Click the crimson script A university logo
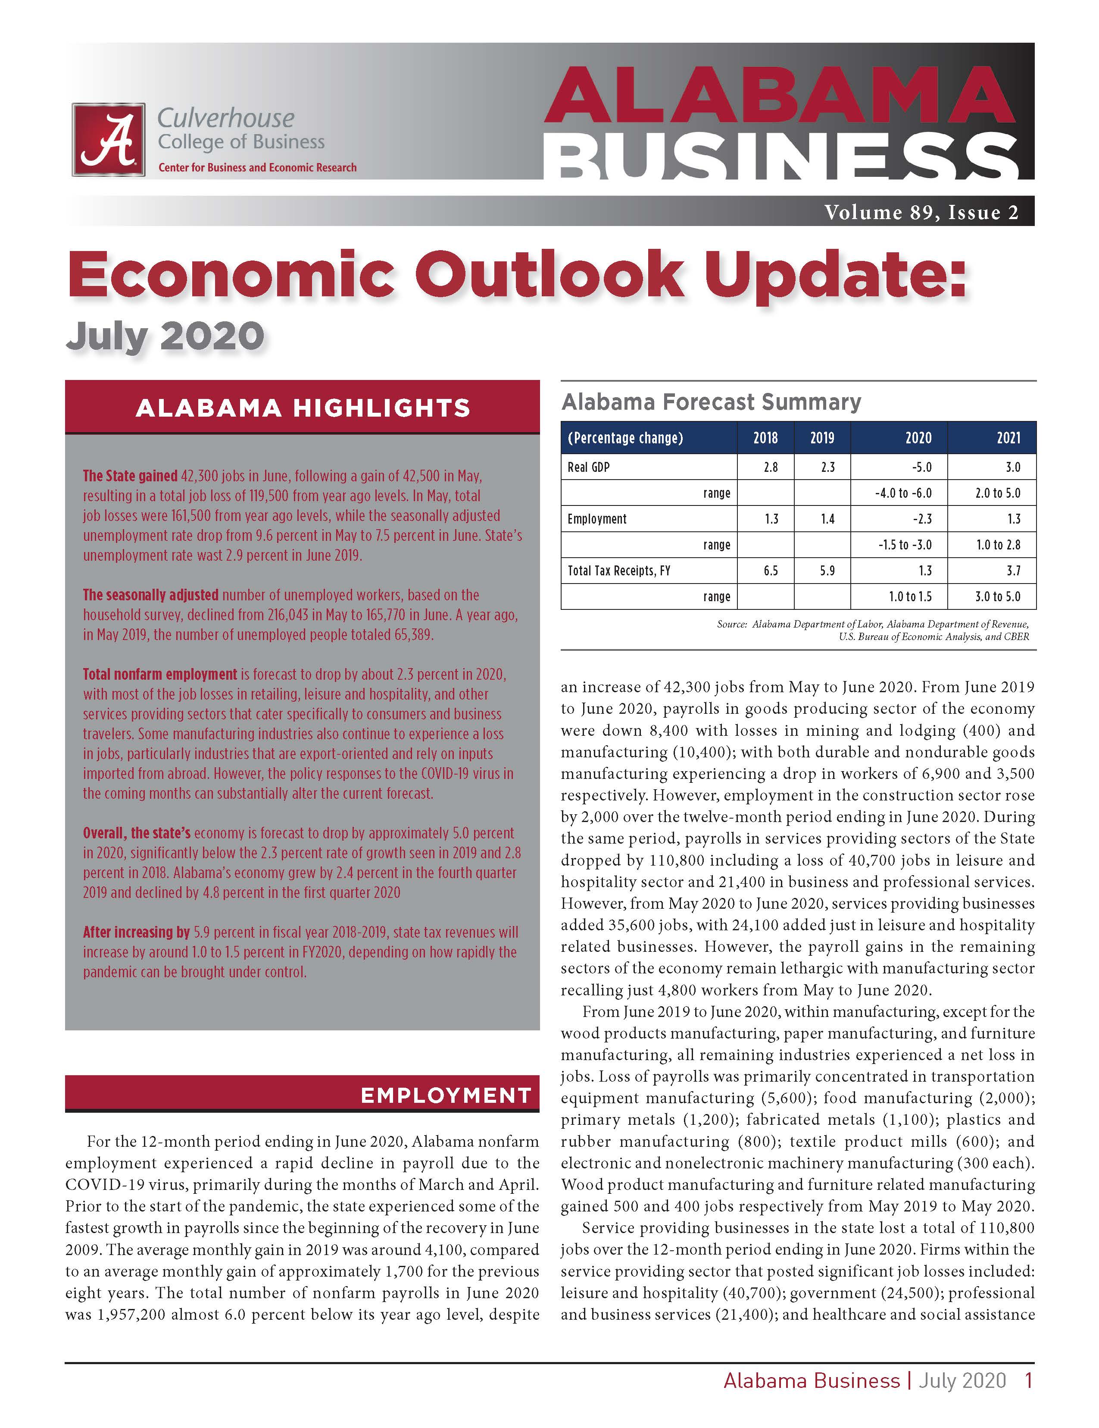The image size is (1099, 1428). tap(109, 139)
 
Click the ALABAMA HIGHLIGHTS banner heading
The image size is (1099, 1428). tap(303, 408)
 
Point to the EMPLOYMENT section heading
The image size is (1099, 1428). tap(446, 1095)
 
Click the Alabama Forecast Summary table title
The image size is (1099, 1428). tap(711, 402)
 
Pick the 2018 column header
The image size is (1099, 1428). tap(765, 438)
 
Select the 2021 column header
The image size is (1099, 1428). tap(1008, 438)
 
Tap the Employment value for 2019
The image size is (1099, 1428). tap(827, 519)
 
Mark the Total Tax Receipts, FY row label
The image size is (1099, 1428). tap(619, 571)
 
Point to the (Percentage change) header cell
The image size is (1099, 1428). tap(625, 438)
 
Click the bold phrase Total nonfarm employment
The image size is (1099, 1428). tap(159, 674)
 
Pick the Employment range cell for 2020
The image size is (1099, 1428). tap(905, 545)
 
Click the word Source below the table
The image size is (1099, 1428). tap(732, 625)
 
